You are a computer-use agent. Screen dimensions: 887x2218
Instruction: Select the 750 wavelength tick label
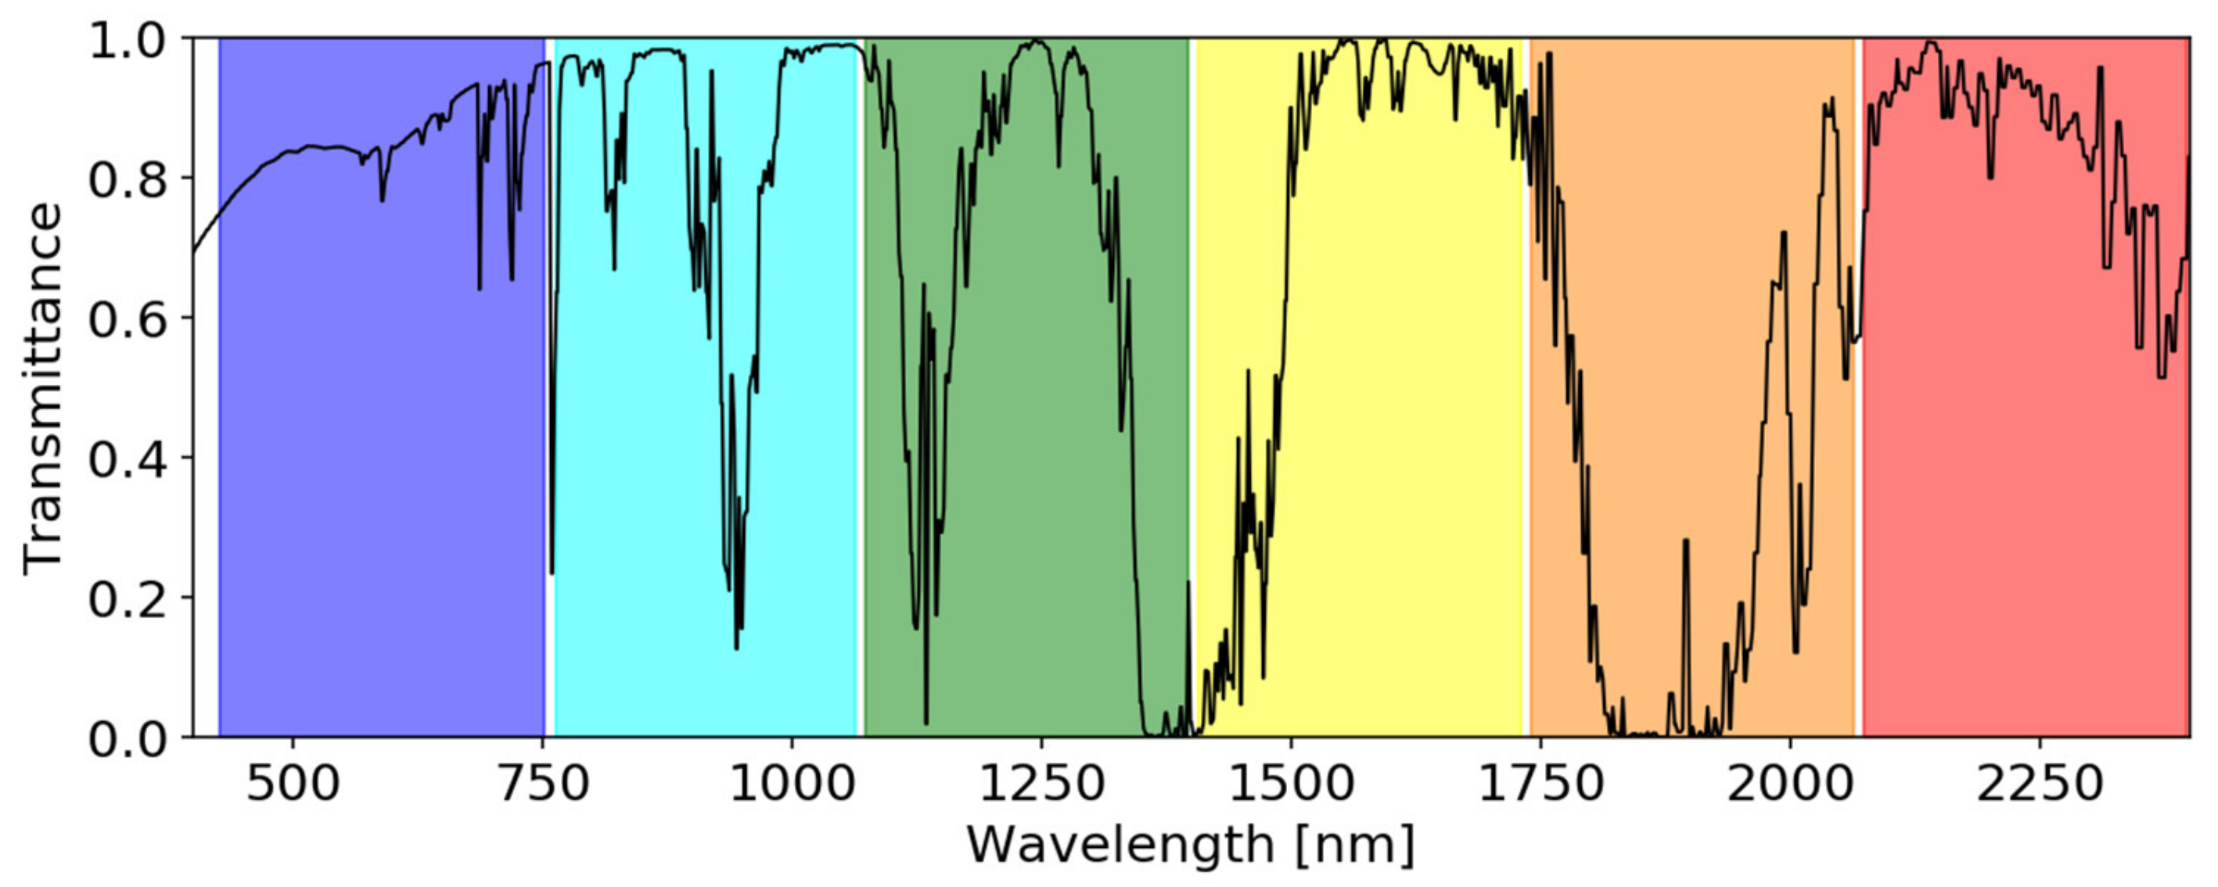pyautogui.click(x=542, y=784)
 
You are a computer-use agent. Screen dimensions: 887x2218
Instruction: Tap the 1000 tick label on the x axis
pyautogui.click(x=791, y=784)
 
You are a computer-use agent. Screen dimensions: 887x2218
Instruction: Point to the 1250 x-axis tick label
pyautogui.click(x=1041, y=784)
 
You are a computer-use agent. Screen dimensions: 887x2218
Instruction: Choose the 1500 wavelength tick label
pyautogui.click(x=1290, y=784)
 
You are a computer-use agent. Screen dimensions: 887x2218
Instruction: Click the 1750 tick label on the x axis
pyautogui.click(x=1540, y=784)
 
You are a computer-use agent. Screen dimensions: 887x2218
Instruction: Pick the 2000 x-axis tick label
pyautogui.click(x=1789, y=784)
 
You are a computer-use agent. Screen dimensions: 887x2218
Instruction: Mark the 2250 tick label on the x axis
pyautogui.click(x=2038, y=784)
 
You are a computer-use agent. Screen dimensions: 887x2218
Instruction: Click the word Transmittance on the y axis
pyautogui.click(x=43, y=387)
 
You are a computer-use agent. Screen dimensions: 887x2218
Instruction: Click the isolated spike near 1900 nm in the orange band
pyautogui.click(x=1686, y=543)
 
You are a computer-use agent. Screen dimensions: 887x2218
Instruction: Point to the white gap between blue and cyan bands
pyautogui.click(x=549, y=387)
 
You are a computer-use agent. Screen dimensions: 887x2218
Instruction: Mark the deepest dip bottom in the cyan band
pyautogui.click(x=736, y=648)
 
